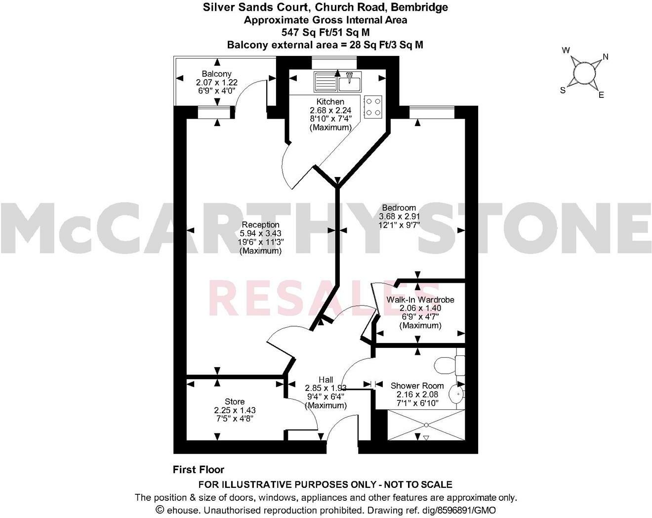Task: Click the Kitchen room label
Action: click(330, 102)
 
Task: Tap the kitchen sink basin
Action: click(350, 81)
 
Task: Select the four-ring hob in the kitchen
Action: click(373, 106)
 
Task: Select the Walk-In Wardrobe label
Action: click(420, 300)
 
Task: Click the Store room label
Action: click(235, 401)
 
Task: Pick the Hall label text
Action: click(326, 380)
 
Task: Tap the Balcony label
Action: click(216, 74)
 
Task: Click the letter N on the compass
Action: click(606, 56)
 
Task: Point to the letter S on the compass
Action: click(562, 90)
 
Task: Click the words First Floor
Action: click(199, 470)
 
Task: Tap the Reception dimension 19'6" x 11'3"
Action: click(260, 242)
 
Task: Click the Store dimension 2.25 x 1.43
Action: click(235, 410)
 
